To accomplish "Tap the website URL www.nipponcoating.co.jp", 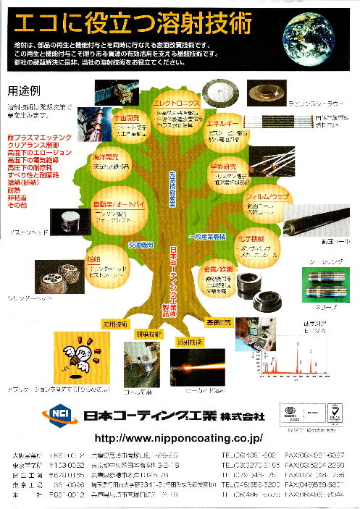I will point(178,439).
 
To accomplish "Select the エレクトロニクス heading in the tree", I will point(176,104).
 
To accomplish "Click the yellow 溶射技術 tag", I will point(190,342).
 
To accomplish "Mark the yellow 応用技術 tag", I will point(115,323).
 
